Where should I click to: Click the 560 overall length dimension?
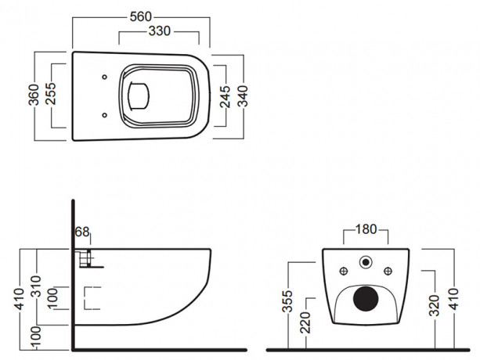(141, 16)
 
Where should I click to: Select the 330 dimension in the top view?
(163, 31)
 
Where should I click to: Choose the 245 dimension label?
(226, 96)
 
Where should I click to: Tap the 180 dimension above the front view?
(366, 229)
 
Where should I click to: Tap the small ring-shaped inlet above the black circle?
(365, 261)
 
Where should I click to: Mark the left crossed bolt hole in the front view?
(345, 272)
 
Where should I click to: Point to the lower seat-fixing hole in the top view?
(105, 116)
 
